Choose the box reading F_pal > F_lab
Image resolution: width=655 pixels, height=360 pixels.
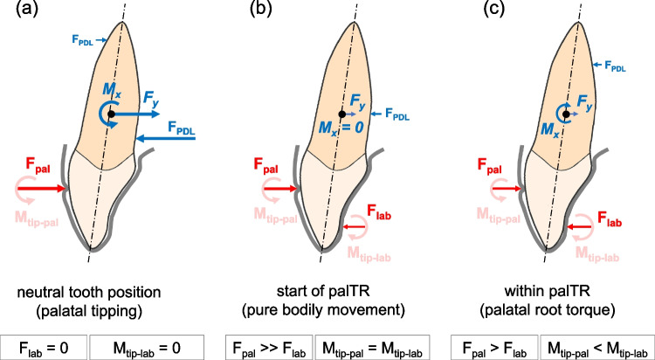click(x=493, y=344)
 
